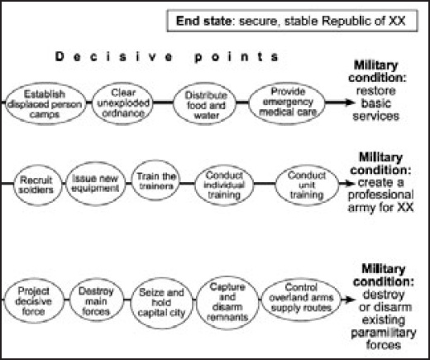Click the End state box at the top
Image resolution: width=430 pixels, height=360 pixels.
point(292,21)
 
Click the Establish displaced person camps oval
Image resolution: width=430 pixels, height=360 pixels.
point(45,103)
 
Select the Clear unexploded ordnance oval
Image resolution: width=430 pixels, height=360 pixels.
point(122,103)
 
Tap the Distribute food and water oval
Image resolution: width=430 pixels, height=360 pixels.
point(205,104)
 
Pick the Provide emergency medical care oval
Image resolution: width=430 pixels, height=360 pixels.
point(287,103)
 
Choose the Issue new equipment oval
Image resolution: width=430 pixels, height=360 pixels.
point(96,184)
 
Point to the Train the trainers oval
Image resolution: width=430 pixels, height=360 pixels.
point(156,180)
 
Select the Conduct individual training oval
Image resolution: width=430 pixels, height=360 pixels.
point(224,185)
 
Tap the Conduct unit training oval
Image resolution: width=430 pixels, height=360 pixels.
point(307,185)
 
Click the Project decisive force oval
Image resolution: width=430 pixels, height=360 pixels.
point(34,300)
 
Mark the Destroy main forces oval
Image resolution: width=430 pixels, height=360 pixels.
point(96,300)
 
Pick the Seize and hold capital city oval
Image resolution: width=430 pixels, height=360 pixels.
point(162,303)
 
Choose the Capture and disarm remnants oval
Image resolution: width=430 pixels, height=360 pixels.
point(227,302)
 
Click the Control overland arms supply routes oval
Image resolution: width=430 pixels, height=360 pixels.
point(301,299)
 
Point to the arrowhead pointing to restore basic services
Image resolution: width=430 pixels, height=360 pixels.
point(350,103)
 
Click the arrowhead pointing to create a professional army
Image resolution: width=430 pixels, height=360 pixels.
point(350,184)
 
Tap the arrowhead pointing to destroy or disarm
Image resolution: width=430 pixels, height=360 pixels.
point(351,300)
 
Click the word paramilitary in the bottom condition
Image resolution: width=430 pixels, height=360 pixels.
point(383,333)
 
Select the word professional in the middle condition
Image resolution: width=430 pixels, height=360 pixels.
point(381,194)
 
